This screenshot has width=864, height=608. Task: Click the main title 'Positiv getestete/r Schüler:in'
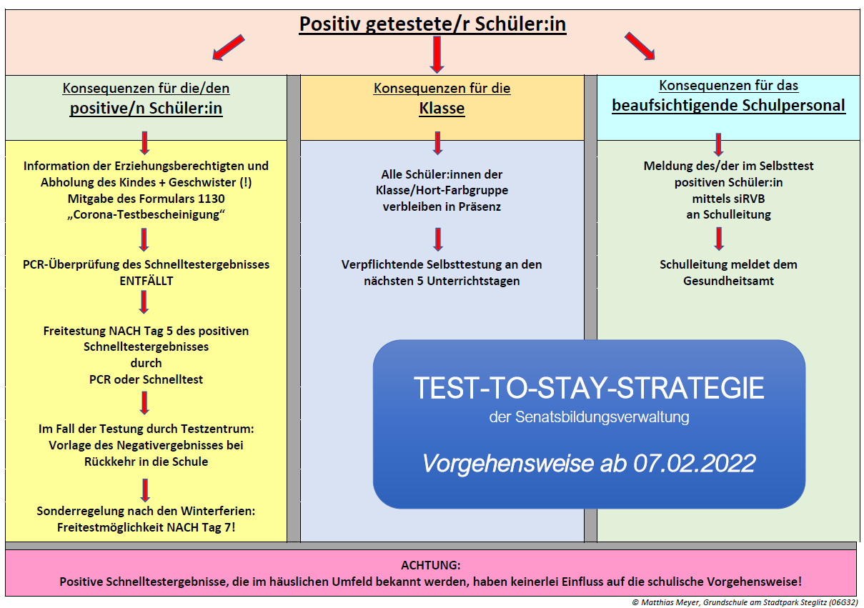click(432, 24)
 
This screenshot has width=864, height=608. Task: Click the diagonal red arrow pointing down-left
click(229, 47)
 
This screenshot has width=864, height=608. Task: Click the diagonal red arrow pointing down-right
click(640, 46)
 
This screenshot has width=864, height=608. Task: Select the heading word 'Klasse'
click(442, 109)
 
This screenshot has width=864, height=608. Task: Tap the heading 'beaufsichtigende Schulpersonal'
click(728, 106)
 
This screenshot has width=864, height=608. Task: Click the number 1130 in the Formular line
click(211, 199)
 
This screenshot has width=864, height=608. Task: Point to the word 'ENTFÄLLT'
click(147, 281)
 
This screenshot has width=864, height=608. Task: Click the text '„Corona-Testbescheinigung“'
click(147, 215)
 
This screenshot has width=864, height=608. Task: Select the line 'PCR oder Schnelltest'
click(147, 379)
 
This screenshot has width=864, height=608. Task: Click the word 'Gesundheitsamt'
click(728, 281)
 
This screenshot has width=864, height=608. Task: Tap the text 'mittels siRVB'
click(728, 199)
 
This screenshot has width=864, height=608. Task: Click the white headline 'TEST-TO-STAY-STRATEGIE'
click(589, 388)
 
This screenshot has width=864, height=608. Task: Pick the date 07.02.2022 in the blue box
click(695, 463)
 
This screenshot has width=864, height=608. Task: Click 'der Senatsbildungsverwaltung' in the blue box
click(589, 417)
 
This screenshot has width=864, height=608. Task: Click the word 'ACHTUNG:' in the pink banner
click(431, 565)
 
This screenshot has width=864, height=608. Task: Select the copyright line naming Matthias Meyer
click(745, 602)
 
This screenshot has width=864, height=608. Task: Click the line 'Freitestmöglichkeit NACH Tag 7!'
click(147, 527)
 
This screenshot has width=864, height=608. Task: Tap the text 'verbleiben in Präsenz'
click(442, 206)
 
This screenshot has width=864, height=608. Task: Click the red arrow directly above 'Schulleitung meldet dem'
click(719, 239)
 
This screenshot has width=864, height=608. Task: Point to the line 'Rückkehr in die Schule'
click(147, 462)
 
